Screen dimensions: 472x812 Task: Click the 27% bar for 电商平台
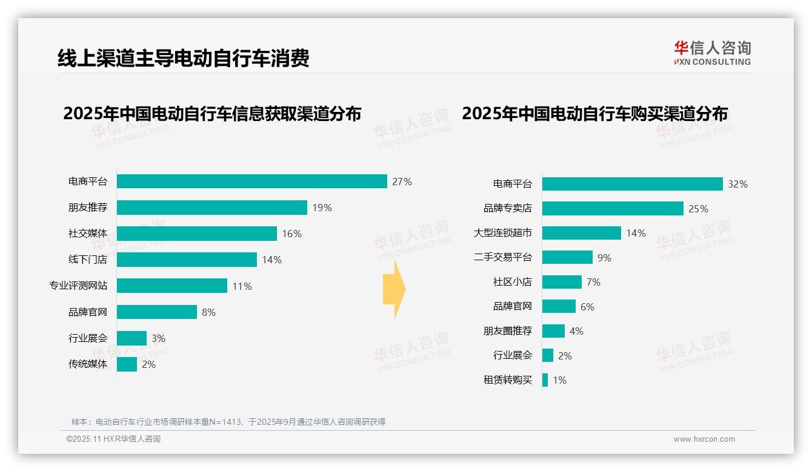click(x=251, y=182)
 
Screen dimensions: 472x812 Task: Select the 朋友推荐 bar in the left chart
click(x=211, y=208)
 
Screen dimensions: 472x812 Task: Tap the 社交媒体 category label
click(x=88, y=234)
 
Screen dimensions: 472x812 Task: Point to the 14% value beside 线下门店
click(x=271, y=260)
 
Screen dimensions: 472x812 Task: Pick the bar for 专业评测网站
click(x=171, y=286)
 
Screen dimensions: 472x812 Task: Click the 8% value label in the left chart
click(x=208, y=312)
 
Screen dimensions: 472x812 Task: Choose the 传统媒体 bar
click(x=127, y=364)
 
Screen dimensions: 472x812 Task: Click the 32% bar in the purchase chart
click(x=632, y=184)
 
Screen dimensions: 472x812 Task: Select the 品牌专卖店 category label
click(x=508, y=208)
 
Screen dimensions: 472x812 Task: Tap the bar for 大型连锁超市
click(x=581, y=233)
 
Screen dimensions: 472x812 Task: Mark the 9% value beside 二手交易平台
click(x=604, y=258)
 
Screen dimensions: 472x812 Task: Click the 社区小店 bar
click(x=561, y=282)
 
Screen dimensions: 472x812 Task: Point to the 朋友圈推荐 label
click(x=508, y=331)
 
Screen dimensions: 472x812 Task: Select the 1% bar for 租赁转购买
click(x=545, y=380)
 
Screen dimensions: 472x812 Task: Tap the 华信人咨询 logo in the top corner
click(x=712, y=53)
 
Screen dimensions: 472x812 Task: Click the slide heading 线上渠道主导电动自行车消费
click(x=184, y=58)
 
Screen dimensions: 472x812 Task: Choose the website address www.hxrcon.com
click(x=704, y=439)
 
